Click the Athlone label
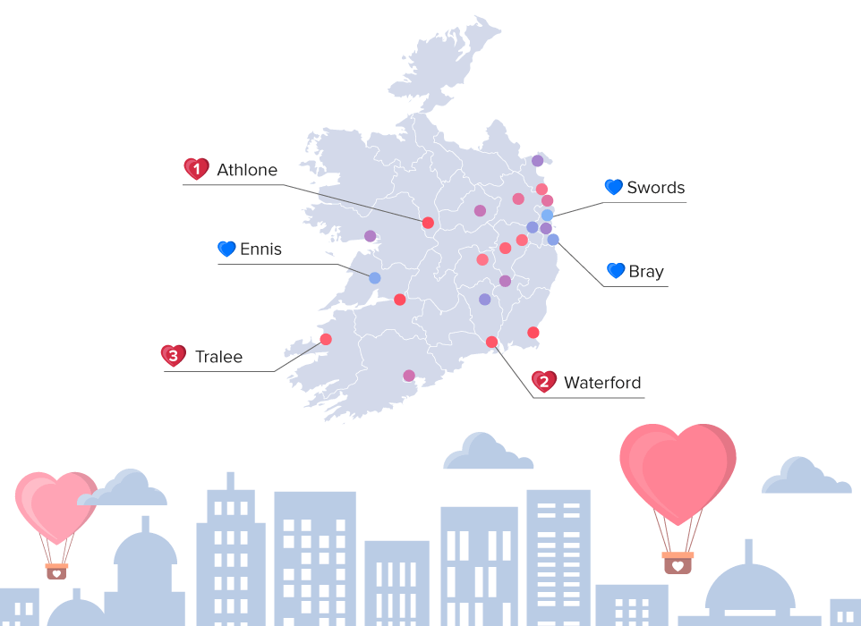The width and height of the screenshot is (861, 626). (x=247, y=170)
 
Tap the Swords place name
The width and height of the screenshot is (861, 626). (x=655, y=188)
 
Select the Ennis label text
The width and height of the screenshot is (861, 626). (x=260, y=250)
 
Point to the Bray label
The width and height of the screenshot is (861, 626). (x=645, y=271)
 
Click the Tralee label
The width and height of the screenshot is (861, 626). (x=218, y=358)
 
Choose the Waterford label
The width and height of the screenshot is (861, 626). (x=601, y=383)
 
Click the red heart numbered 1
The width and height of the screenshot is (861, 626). (x=196, y=169)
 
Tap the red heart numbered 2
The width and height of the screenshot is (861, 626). (x=543, y=383)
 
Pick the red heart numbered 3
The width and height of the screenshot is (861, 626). (x=173, y=357)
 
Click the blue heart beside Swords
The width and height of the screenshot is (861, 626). (x=613, y=188)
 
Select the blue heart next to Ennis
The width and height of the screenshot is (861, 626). (x=226, y=250)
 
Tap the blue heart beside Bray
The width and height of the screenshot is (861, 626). (x=615, y=270)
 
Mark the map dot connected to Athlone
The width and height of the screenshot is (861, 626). (x=428, y=223)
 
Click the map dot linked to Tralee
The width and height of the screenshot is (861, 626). (x=326, y=339)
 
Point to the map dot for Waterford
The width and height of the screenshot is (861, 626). (x=491, y=342)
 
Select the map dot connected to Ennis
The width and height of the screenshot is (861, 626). (x=375, y=278)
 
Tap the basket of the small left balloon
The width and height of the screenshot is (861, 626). (x=56, y=570)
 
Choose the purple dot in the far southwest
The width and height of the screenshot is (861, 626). (x=409, y=376)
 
